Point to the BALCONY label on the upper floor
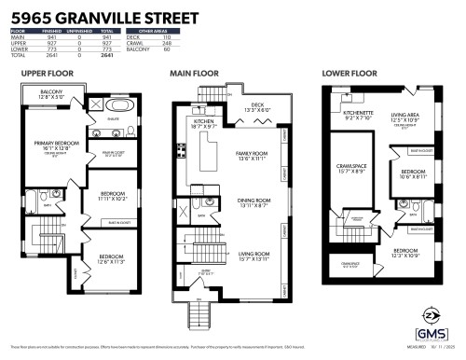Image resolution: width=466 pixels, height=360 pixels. (x=51, y=90)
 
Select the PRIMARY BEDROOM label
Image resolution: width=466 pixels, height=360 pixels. (x=55, y=144)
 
